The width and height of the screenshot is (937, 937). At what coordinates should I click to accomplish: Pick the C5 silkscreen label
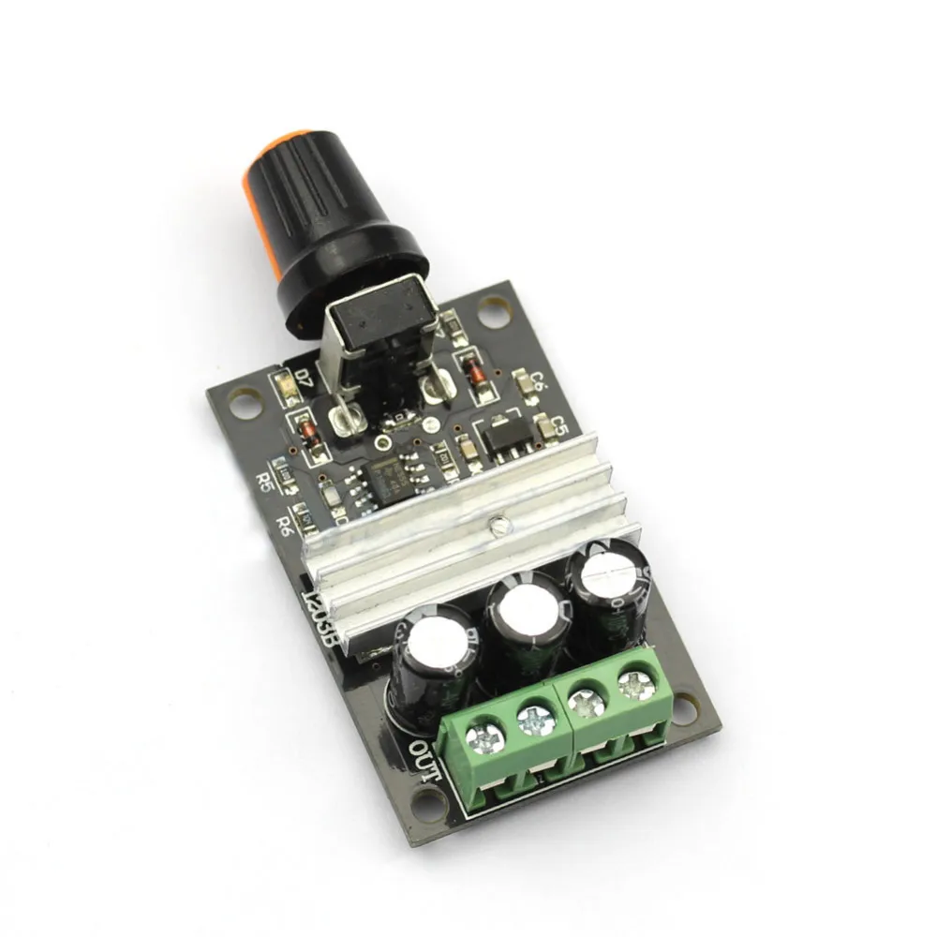click(559, 427)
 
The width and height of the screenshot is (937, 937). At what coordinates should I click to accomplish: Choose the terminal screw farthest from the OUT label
click(637, 683)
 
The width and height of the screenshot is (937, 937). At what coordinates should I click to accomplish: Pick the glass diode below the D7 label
click(305, 429)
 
